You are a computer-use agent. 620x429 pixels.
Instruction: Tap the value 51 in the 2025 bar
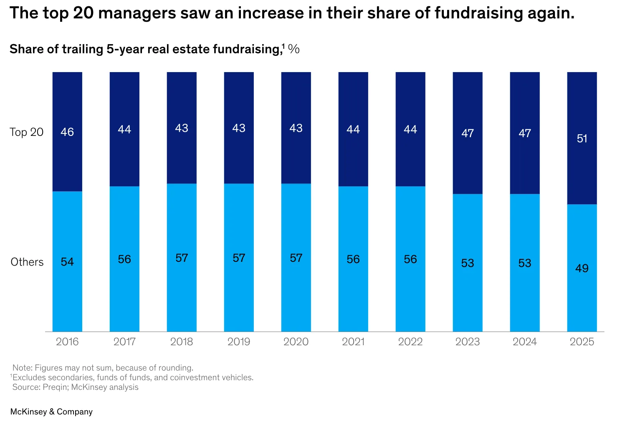pos(582,138)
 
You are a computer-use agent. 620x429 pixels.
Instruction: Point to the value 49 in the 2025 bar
pos(582,268)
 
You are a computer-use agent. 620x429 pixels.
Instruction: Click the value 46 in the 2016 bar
pos(67,132)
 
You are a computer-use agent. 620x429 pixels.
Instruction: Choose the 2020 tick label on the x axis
pos(296,342)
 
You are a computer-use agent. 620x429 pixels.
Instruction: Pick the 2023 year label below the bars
pos(467,342)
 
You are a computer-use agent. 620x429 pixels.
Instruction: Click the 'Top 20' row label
pos(27,132)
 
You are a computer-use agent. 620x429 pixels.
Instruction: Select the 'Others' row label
pos(27,262)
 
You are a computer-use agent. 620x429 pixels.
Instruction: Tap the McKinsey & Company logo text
pos(51,411)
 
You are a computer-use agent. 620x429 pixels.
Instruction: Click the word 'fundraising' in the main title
pos(478,13)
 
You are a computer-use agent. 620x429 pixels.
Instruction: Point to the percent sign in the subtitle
pos(294,49)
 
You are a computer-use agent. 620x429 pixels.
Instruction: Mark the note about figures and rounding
pos(103,368)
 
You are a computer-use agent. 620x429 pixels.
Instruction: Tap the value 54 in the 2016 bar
pos(67,262)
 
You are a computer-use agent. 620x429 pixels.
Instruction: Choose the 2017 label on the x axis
pos(124,342)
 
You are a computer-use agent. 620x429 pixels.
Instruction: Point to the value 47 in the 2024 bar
pos(524,133)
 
